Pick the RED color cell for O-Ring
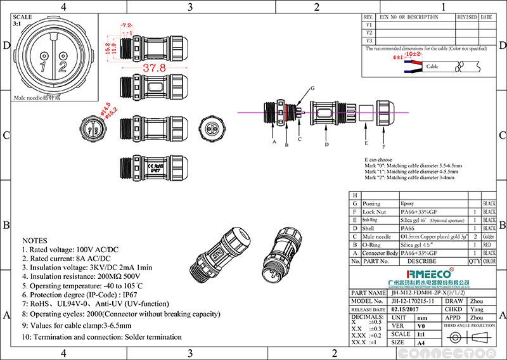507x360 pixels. pos(489,244)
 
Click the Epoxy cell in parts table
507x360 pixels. pos(409,204)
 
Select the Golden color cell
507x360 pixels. pos(489,236)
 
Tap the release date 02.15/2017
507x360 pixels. pos(407,309)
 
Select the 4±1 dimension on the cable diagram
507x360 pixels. pos(398,58)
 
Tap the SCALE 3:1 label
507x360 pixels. pos(22,20)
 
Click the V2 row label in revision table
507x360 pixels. pos(369,32)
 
